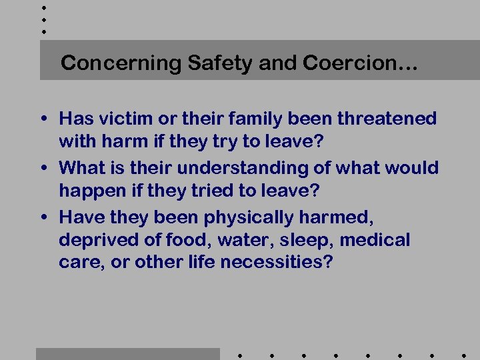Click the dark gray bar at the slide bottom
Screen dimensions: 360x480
pyautogui.click(x=127, y=354)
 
